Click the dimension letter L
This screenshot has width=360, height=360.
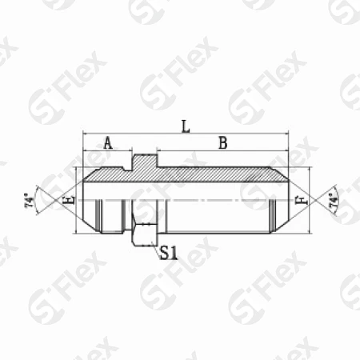[x=186, y=126]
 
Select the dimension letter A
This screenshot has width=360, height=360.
[x=108, y=142]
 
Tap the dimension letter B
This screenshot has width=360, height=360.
[x=223, y=142]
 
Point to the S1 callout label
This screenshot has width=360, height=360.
[x=169, y=253]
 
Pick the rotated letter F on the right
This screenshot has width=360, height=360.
[x=302, y=200]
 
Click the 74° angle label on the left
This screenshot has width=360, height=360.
[x=30, y=200]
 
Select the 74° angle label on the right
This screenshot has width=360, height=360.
[x=334, y=200]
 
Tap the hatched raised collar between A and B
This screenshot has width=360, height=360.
[x=144, y=162]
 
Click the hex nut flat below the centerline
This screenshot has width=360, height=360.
[x=144, y=234]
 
